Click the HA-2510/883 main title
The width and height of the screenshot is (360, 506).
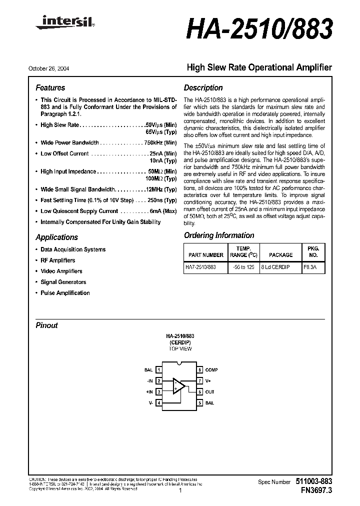[258, 30]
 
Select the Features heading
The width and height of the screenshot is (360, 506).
[50, 87]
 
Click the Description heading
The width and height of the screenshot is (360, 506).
[203, 87]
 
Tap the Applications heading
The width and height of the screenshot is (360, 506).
[56, 237]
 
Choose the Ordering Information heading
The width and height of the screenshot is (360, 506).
[219, 235]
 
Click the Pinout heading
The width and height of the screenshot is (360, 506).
[46, 325]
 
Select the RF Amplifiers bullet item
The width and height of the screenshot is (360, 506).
[57, 260]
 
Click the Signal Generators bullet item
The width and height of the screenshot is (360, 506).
[63, 282]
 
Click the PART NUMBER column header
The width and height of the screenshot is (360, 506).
[204, 254]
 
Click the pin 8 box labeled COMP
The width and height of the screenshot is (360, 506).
[199, 370]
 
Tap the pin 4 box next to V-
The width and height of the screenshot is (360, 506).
[159, 402]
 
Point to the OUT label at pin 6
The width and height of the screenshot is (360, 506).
[209, 392]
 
